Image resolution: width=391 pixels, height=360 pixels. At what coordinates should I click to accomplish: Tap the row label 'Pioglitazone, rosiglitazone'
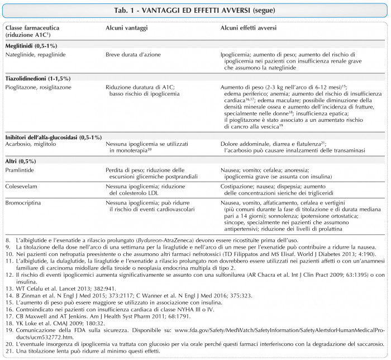[x=39, y=88]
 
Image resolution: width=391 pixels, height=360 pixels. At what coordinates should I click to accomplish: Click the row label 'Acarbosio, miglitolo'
[x=31, y=145]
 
